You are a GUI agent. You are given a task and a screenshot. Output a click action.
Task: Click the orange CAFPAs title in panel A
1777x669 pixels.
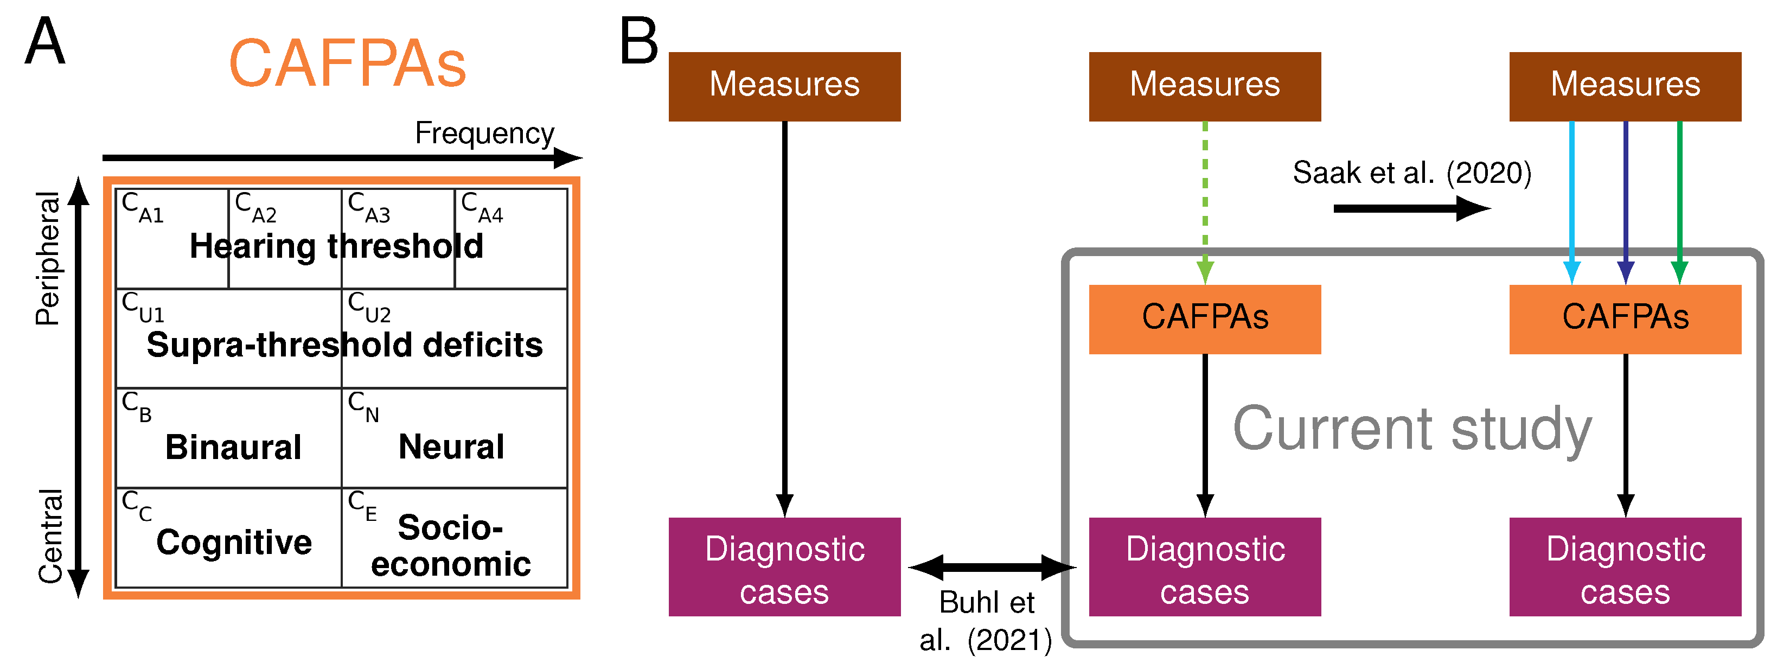point(347,64)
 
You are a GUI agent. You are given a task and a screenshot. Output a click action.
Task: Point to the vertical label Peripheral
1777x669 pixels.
point(48,259)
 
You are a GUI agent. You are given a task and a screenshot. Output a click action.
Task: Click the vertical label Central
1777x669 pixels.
point(50,537)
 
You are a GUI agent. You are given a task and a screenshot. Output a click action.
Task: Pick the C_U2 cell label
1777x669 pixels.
point(369,307)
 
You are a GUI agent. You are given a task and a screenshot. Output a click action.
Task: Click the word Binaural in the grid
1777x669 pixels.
point(233,447)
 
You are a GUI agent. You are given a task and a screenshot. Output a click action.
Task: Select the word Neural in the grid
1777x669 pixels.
point(451,447)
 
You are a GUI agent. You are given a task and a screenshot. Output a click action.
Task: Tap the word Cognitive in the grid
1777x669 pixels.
point(234,542)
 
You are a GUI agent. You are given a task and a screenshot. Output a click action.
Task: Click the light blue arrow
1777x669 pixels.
point(1571,200)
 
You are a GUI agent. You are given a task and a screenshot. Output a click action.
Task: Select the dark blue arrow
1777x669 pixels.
point(1625,200)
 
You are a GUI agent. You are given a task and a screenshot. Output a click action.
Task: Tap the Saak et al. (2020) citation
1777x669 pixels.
point(1411,173)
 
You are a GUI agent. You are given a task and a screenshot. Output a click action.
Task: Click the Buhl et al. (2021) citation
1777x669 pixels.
point(987,621)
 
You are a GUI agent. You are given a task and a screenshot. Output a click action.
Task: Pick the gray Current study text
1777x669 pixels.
point(1411,429)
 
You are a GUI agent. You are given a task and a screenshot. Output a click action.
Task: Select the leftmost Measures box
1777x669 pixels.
point(784,86)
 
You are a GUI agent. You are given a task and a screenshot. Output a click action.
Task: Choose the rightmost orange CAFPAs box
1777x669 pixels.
point(1625,318)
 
